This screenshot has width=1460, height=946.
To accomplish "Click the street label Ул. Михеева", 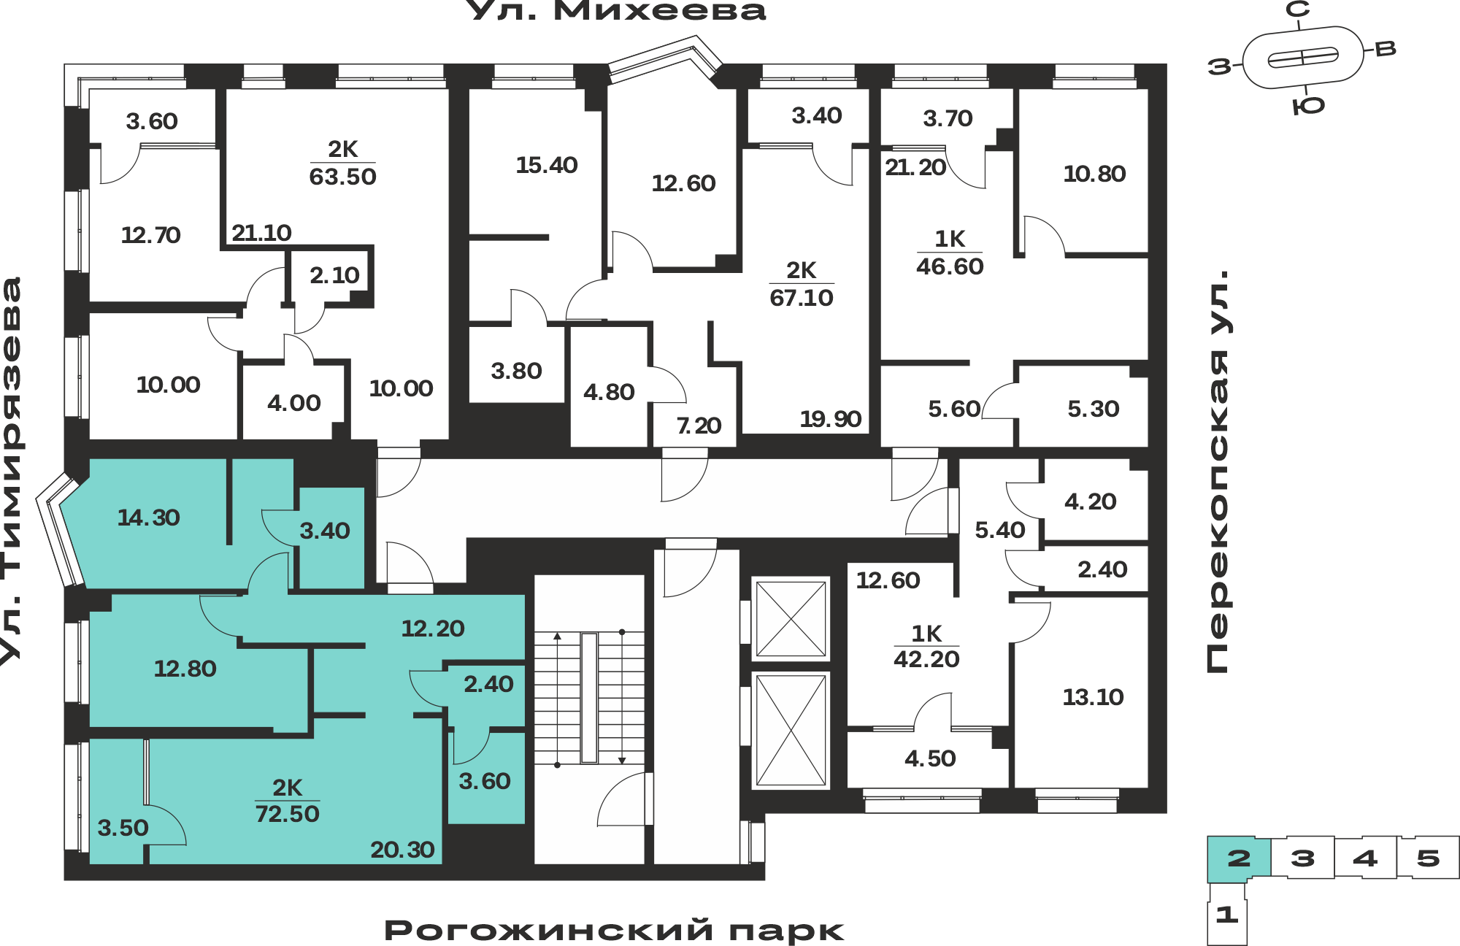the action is coord(616,11).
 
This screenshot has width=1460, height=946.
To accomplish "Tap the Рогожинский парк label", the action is coord(614,931).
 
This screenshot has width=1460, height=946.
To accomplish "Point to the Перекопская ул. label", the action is coord(1217,472).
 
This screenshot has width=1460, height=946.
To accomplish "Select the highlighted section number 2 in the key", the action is coord(1239,858).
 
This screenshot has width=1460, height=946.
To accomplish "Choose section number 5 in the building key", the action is coord(1428,858).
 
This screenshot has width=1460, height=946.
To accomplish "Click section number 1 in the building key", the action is coord(1226,914).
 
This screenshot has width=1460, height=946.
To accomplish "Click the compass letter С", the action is coord(1297,9).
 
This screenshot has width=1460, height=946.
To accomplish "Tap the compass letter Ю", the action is coord(1308,106).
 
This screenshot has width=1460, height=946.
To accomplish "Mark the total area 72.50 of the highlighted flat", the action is coord(288,814).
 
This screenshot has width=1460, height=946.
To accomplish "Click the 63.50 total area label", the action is coord(342,177).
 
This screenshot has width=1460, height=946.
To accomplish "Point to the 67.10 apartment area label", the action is coord(802,298).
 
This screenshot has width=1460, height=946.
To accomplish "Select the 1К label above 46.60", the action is coord(950,239).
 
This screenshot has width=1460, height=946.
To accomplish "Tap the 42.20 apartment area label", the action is coord(926,659).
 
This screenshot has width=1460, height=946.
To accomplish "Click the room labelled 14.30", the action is coord(149,518).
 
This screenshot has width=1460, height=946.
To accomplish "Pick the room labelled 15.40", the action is coord(547,165).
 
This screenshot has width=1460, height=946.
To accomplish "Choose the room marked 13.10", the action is coord(1093,697).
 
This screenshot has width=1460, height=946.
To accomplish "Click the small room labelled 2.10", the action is coord(334,275).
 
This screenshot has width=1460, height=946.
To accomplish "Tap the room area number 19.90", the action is coord(831,419).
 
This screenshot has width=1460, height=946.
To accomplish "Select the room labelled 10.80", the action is coord(1094,174).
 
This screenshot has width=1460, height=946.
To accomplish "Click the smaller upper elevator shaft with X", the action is coord(791,619).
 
